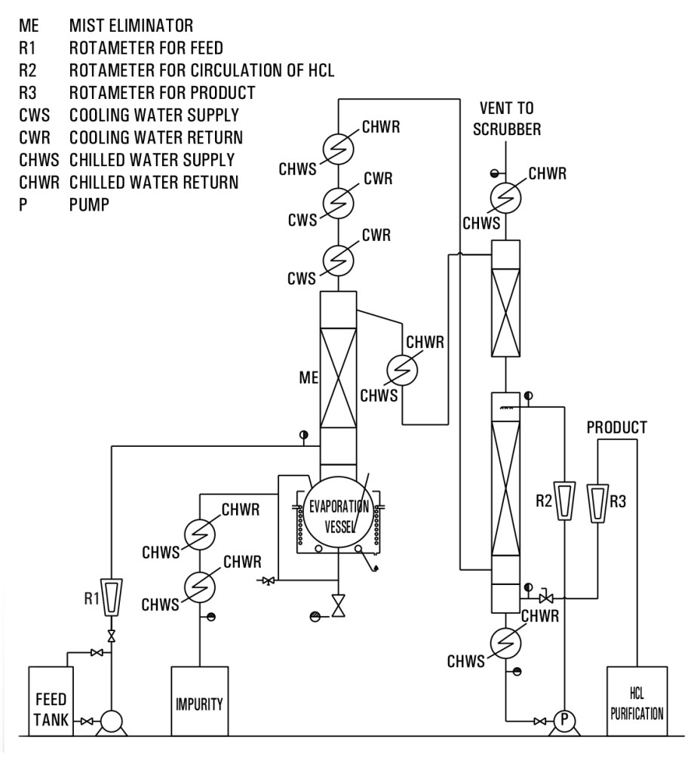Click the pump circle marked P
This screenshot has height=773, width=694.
click(562, 722)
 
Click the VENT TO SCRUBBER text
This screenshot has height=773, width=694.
click(506, 119)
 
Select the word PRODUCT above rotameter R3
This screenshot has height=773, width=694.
click(616, 428)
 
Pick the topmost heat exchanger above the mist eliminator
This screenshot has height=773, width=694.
click(338, 149)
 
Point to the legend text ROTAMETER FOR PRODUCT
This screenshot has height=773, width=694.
click(161, 94)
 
